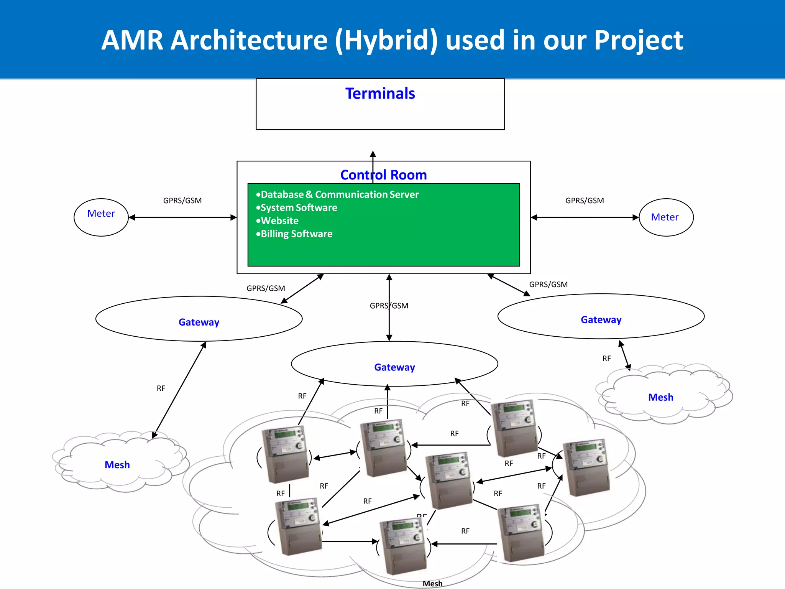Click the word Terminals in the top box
(380, 94)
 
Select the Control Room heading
(383, 175)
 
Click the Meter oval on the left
(101, 217)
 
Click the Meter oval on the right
(666, 217)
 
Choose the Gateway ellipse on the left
(199, 319)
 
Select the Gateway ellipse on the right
(601, 317)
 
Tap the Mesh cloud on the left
(117, 464)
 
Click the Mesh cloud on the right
(660, 397)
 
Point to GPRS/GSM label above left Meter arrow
(182, 201)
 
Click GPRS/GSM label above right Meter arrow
(585, 201)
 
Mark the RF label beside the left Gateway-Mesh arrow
(161, 388)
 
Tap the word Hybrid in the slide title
(386, 40)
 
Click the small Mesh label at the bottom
(432, 583)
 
